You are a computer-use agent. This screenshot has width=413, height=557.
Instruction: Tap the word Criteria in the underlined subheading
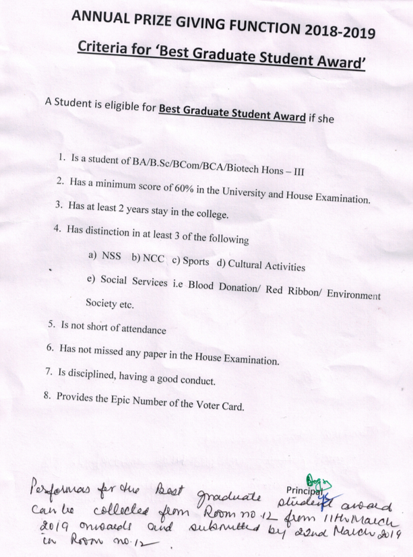[x=102, y=48]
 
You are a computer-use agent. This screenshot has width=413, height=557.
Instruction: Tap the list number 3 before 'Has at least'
[x=59, y=204]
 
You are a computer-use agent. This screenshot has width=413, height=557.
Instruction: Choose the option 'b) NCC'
[x=146, y=260]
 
